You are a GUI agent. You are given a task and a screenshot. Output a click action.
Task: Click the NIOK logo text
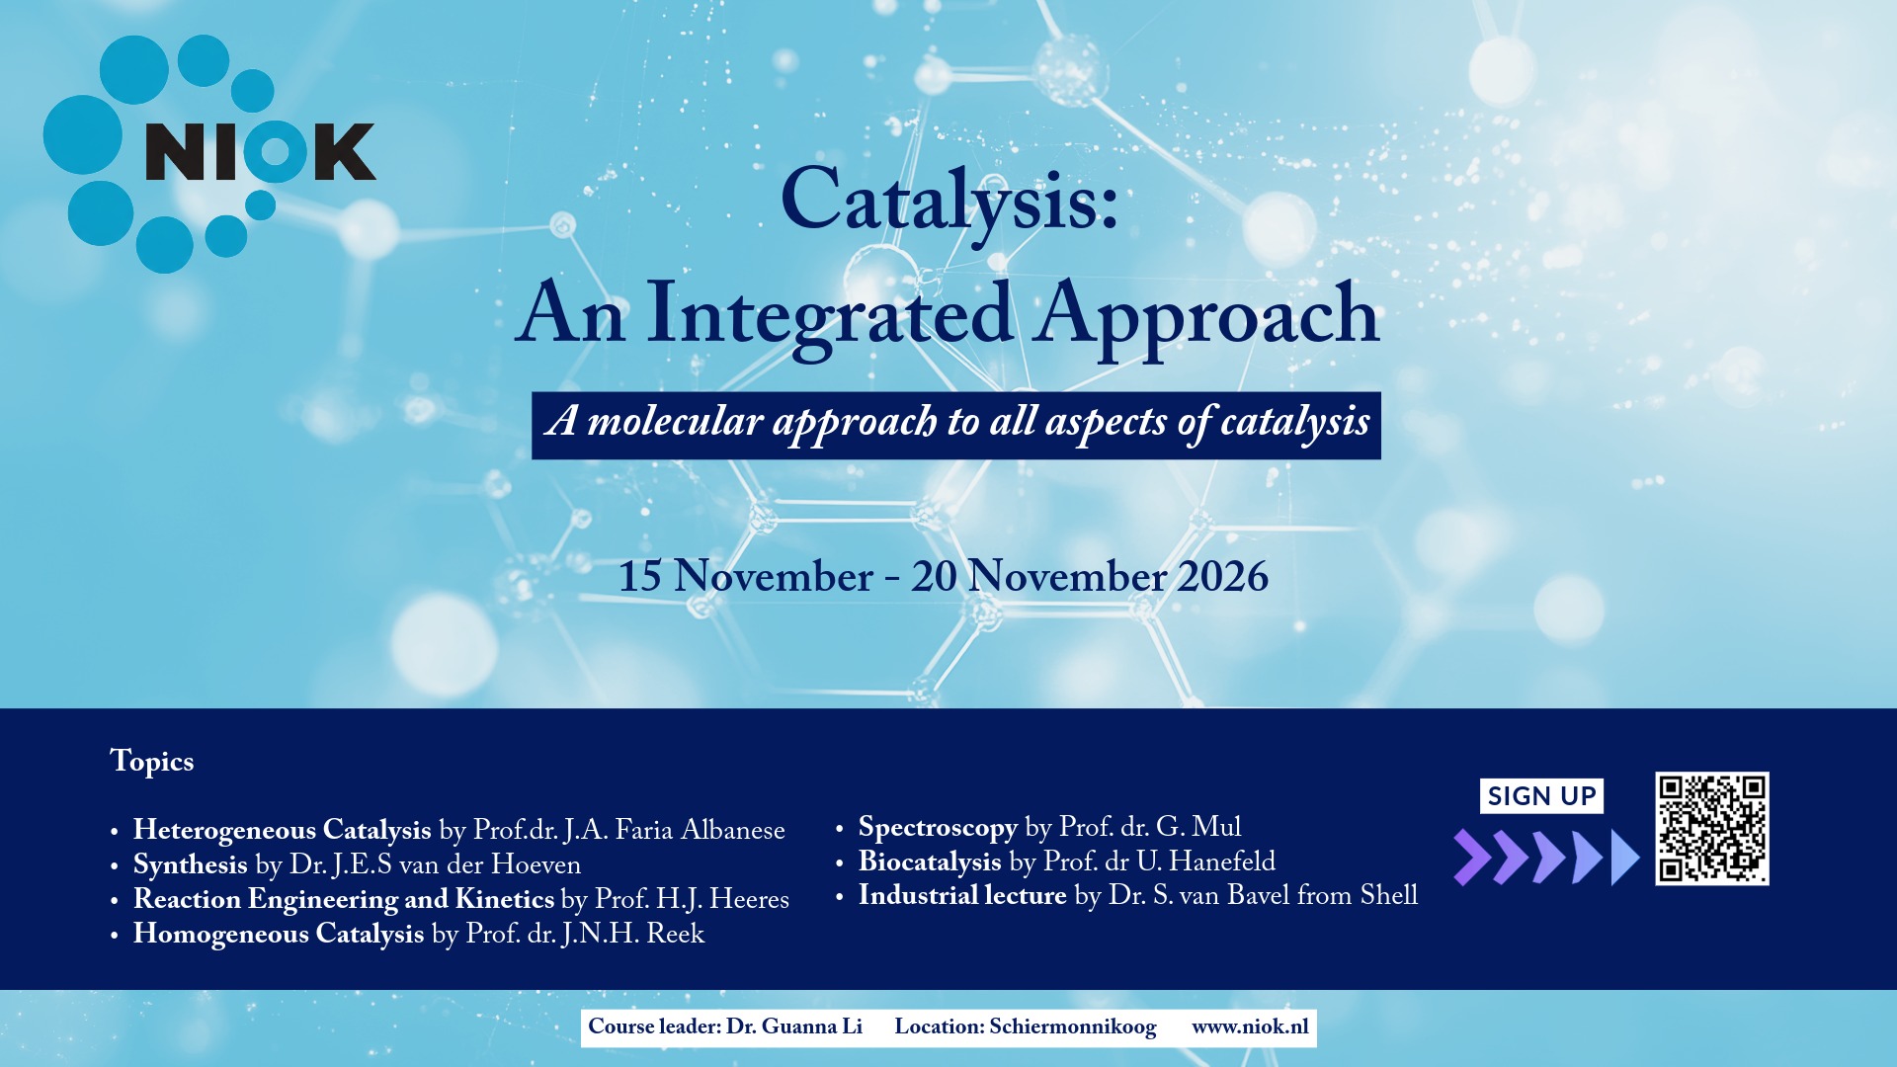point(261,152)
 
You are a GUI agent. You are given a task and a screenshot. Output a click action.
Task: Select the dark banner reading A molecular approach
point(955,426)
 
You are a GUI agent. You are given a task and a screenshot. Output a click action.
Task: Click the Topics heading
point(152,762)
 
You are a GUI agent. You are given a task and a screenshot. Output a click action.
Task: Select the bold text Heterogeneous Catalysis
point(283,831)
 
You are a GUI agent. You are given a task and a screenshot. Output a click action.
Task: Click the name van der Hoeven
point(490,865)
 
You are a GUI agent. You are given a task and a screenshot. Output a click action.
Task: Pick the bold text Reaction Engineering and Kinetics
point(344,900)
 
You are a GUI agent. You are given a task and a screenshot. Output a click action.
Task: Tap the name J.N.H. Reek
point(633,935)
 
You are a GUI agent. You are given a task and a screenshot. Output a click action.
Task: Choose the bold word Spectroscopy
point(938,828)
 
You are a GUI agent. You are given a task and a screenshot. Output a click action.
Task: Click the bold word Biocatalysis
point(930,862)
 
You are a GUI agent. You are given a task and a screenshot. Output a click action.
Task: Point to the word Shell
point(1389,895)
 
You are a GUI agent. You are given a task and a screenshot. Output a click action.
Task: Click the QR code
point(1712,829)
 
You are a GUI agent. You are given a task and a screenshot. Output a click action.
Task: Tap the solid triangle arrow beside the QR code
point(1625,857)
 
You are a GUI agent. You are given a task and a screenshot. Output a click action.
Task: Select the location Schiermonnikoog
point(1073,1027)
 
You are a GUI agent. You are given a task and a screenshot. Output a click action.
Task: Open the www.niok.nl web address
point(1250,1027)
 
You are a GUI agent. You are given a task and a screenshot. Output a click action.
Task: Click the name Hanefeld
point(1222,862)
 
